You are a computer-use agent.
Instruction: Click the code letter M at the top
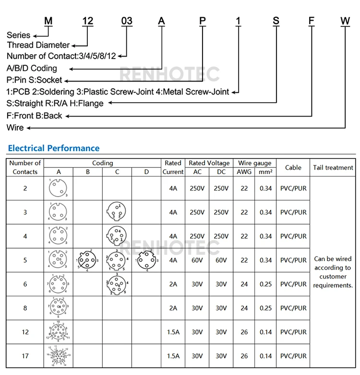(x=48, y=21)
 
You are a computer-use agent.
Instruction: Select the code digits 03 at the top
(x=126, y=21)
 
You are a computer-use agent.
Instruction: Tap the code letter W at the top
(x=345, y=21)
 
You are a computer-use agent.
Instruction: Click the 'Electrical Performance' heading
(x=54, y=148)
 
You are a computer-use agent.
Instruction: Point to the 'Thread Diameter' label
(x=38, y=45)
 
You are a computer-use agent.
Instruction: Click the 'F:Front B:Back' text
(x=35, y=116)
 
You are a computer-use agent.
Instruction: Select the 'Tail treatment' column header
(x=333, y=167)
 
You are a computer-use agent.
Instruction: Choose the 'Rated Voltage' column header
(x=209, y=163)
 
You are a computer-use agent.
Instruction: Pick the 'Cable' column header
(x=293, y=167)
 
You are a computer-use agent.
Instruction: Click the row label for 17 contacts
(x=25, y=356)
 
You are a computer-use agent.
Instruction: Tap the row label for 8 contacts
(x=25, y=308)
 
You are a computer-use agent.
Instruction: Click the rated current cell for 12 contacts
(x=173, y=332)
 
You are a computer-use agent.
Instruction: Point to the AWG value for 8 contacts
(x=244, y=308)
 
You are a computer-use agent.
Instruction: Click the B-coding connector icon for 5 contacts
(x=88, y=260)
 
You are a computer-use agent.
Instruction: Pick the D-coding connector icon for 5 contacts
(x=146, y=260)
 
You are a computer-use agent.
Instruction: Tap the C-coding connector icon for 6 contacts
(x=117, y=284)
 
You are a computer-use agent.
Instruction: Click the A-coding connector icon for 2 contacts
(x=58, y=188)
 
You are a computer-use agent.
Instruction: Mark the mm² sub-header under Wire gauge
(x=266, y=172)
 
